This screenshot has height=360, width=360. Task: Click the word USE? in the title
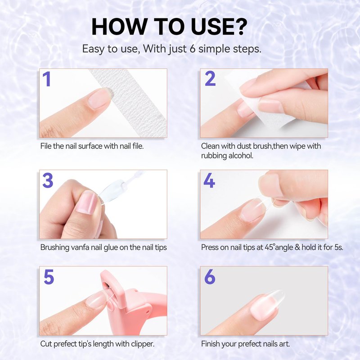coord(219,27)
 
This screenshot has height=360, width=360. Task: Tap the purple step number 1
coord(47,79)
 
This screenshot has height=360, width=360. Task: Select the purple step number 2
coord(210,78)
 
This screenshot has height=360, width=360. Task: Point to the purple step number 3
coord(48,180)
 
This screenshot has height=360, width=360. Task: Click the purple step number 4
coord(209,180)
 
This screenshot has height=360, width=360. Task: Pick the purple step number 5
coord(49,277)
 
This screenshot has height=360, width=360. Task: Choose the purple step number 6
coord(210,277)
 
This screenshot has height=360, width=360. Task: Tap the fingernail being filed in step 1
coord(100,98)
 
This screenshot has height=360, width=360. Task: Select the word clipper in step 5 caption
coord(142,344)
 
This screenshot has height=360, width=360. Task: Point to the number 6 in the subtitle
coord(193,49)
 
